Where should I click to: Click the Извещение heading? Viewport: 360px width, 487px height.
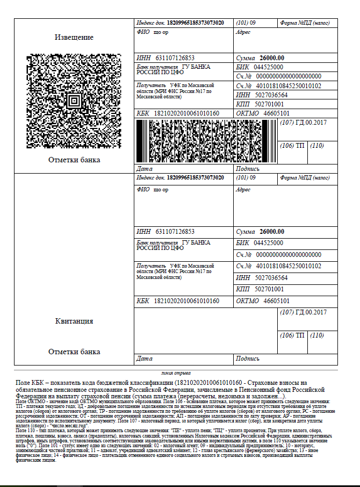(x=74, y=37)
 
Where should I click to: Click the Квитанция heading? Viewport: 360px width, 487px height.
(x=74, y=321)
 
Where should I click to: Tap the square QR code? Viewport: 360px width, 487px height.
(x=74, y=100)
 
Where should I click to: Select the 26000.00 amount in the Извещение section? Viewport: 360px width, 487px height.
(x=272, y=58)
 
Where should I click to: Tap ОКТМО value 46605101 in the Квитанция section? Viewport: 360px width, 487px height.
(x=276, y=300)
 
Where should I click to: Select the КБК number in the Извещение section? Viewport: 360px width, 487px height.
(x=186, y=113)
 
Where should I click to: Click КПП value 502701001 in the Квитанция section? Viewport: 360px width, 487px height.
(x=269, y=289)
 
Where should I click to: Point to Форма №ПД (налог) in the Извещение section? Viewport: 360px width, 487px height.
(x=305, y=24)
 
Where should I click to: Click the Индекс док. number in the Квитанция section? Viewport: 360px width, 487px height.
(x=196, y=177)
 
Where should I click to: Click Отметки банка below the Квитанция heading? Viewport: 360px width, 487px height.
(x=74, y=352)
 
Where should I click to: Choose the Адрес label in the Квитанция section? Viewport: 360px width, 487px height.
(x=243, y=190)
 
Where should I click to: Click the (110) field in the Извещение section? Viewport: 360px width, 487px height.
(x=317, y=146)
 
